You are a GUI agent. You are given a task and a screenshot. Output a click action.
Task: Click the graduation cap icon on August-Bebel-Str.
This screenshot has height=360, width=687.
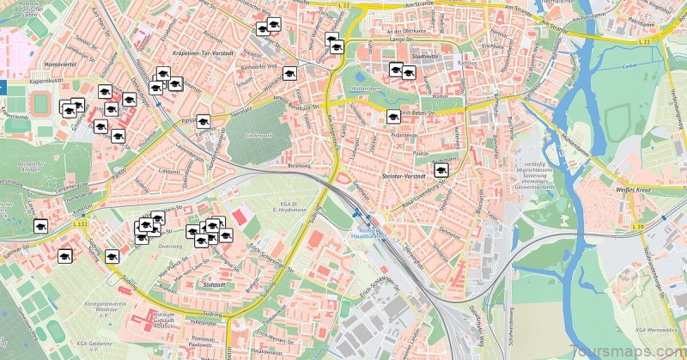tap(394, 115)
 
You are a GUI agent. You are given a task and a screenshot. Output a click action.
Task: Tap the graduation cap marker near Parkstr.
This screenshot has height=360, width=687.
tap(203, 121)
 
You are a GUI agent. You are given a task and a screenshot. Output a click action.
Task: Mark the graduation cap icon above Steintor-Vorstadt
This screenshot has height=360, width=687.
tap(441, 171)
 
